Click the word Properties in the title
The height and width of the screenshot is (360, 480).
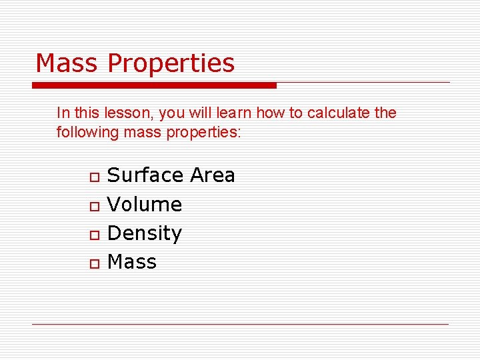(171, 64)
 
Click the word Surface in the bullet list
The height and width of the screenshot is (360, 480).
(145, 175)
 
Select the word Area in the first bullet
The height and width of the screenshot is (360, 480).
(213, 175)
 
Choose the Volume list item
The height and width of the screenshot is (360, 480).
(145, 204)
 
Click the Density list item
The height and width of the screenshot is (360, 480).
(145, 233)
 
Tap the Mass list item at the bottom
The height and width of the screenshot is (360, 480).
(132, 262)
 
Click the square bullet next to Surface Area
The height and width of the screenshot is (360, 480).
(95, 177)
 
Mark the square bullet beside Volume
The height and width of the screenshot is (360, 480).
(95, 206)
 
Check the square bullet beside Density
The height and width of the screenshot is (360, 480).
(95, 235)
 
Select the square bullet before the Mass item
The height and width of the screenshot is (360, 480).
(95, 264)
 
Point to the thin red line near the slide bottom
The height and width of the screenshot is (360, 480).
(240, 324)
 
